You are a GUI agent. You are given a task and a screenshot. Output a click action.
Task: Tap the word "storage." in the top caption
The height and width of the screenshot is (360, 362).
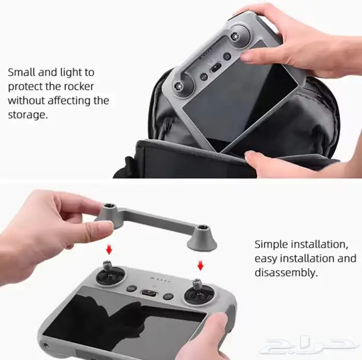[27, 114]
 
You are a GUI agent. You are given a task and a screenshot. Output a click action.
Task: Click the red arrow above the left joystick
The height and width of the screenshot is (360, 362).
[109, 251]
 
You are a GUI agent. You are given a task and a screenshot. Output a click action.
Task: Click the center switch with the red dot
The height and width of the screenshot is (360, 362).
[150, 292]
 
